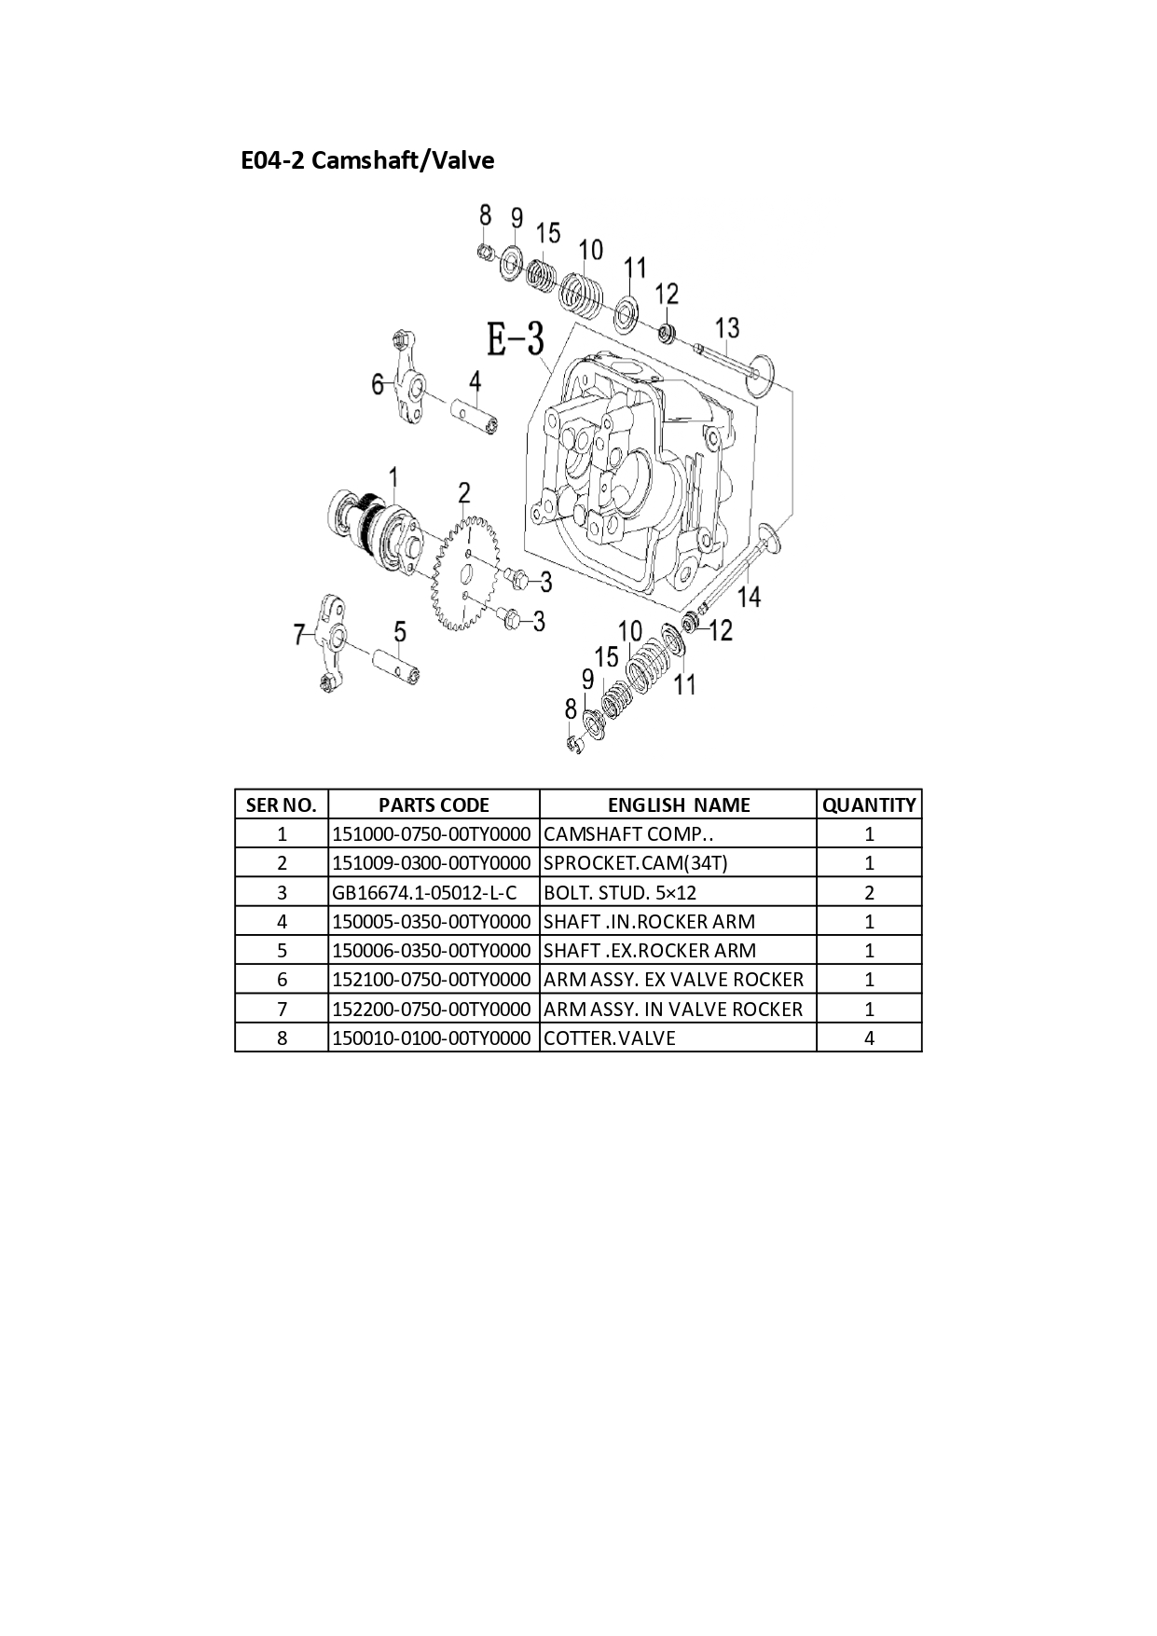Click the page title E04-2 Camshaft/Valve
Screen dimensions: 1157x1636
(x=367, y=160)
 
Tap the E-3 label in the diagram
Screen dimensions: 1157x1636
(x=516, y=339)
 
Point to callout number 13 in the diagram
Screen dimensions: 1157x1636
(x=727, y=328)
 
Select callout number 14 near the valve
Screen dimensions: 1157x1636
(x=750, y=596)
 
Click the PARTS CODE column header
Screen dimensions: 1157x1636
(x=434, y=805)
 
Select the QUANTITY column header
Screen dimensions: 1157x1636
(x=869, y=805)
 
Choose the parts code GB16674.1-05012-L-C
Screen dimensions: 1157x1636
(x=424, y=893)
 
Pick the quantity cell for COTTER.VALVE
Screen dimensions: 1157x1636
(x=869, y=1038)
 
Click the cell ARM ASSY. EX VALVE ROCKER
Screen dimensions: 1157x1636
(x=673, y=980)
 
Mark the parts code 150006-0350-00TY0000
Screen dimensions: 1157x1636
(x=432, y=951)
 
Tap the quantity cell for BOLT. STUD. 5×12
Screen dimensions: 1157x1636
(x=869, y=893)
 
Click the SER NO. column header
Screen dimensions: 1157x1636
(x=282, y=805)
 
